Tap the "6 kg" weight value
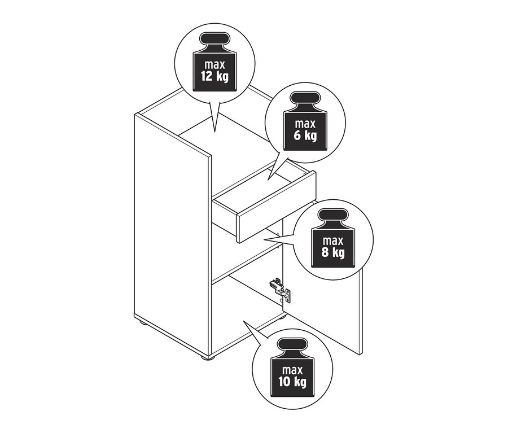click(305, 135)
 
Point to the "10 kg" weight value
click(292, 382)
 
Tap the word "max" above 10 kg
click(292, 370)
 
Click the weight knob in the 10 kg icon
click(292, 347)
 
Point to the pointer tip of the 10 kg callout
click(243, 321)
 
